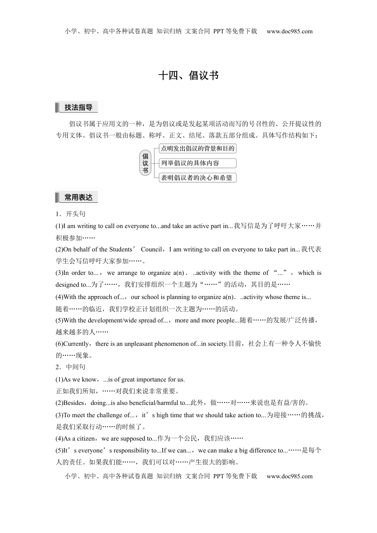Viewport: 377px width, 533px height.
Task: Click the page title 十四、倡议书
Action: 188,75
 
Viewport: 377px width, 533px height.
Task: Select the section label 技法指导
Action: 78,107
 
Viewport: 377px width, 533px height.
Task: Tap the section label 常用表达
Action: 78,197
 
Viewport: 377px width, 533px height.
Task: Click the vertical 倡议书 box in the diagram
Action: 145,163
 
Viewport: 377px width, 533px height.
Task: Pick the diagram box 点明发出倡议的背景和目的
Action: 197,149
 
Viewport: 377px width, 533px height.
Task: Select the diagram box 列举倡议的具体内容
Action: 197,163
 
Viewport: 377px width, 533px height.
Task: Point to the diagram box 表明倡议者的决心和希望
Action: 197,178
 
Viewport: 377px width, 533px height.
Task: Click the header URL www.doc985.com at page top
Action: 289,31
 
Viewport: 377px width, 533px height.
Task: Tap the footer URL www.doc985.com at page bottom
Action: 289,476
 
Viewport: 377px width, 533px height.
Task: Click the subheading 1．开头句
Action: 71,214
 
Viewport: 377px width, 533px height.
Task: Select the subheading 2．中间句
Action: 71,367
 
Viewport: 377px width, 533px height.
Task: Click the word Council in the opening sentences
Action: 151,249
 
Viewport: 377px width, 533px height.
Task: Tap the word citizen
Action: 85,439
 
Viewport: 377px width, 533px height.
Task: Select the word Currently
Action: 76,344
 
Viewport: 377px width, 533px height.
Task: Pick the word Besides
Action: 74,403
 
